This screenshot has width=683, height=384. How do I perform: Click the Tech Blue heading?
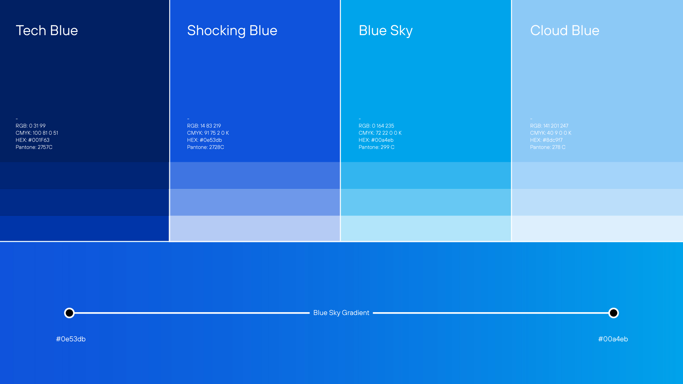(47, 31)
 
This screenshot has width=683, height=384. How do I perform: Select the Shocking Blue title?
(232, 31)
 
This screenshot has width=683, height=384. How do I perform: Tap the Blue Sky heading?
(386, 31)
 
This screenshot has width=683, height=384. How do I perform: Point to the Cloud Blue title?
(565, 31)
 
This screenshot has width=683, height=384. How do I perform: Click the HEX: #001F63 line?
(32, 140)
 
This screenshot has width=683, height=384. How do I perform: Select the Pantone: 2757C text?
(34, 147)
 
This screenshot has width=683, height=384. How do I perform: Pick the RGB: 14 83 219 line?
(204, 126)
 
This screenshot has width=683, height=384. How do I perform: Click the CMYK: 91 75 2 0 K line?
(208, 133)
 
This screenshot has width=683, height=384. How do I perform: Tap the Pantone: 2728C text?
(205, 147)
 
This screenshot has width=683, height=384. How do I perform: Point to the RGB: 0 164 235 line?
(376, 126)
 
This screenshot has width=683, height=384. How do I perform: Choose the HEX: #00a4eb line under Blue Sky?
(376, 140)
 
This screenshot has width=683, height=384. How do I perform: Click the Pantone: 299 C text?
(376, 147)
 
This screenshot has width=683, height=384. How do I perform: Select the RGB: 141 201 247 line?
(549, 126)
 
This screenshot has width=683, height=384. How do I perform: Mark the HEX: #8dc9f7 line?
(546, 140)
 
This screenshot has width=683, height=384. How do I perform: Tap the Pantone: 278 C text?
(547, 147)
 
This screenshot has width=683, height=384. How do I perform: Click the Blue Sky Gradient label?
(341, 313)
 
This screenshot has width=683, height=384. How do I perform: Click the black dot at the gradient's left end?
(69, 313)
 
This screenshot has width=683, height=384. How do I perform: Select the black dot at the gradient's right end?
(613, 313)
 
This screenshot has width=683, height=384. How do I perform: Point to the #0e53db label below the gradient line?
(71, 339)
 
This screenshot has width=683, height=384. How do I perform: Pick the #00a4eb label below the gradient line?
(613, 339)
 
